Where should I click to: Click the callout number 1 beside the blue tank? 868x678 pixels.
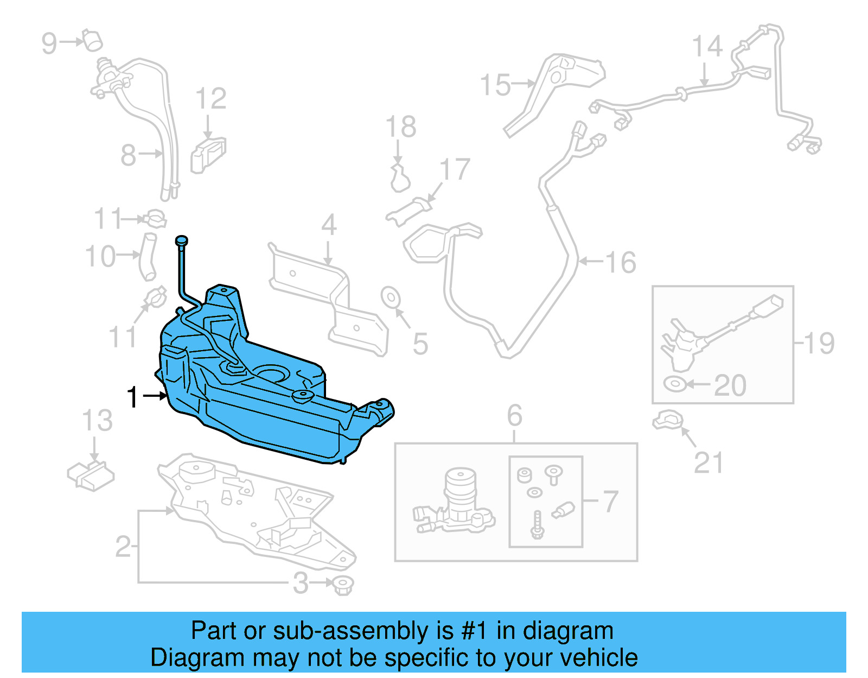(132, 397)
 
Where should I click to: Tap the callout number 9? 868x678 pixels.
(49, 43)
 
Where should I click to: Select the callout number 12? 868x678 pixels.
(210, 99)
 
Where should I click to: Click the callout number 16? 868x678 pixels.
(621, 262)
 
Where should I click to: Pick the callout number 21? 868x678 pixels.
(709, 463)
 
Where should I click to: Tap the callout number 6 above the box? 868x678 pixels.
(514, 416)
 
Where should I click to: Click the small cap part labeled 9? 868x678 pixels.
(92, 41)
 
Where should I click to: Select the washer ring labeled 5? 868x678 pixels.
(391, 297)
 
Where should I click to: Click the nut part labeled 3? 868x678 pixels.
(343, 585)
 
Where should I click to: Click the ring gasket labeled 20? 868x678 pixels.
(675, 384)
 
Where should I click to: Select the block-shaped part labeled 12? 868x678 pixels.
(208, 154)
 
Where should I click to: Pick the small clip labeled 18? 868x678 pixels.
(399, 178)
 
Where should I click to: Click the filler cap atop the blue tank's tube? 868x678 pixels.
(181, 240)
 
